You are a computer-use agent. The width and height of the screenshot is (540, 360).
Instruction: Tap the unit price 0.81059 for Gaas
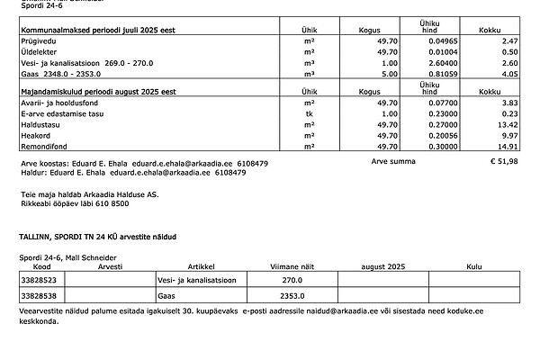tap(428, 75)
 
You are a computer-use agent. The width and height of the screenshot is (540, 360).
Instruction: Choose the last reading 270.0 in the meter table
tap(292, 281)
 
